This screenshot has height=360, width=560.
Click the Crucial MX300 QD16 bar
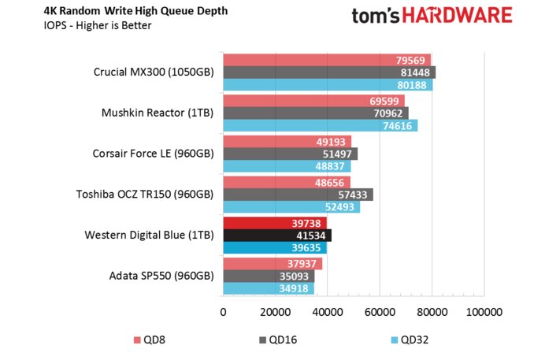click(328, 72)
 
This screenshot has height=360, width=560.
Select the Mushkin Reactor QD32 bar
click(320, 126)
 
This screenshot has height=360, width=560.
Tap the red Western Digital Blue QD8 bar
click(274, 223)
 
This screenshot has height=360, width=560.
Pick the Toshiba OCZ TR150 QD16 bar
click(298, 194)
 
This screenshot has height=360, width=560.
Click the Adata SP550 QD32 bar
click(268, 289)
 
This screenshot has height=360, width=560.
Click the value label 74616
click(398, 126)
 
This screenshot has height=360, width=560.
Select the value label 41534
click(313, 235)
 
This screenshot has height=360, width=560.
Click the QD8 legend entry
click(149, 340)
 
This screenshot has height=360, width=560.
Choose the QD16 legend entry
click(279, 340)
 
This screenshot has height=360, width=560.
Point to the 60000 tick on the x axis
click(380, 313)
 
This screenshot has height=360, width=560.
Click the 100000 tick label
click(484, 313)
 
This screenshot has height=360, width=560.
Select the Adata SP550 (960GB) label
click(160, 276)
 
